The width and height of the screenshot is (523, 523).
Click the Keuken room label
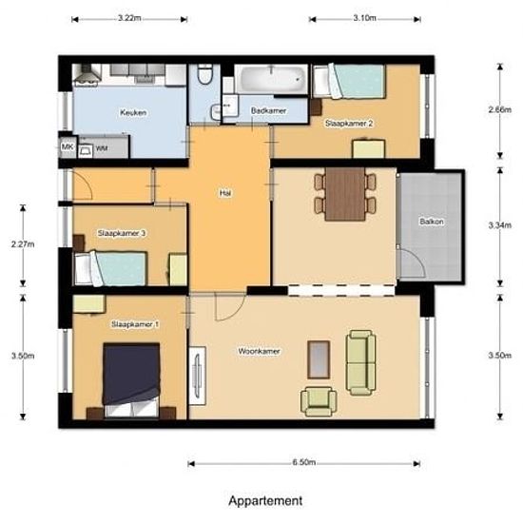133,112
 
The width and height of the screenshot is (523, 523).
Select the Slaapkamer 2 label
348,124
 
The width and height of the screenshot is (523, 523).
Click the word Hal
225,192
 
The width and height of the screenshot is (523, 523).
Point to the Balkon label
431,223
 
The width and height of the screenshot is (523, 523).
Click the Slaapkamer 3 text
122,233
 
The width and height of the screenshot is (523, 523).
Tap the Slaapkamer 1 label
136,325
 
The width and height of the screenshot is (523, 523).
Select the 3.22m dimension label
130,18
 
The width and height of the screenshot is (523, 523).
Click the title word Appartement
265,499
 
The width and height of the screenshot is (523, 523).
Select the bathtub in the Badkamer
272,80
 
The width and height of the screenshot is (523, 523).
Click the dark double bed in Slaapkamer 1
131,373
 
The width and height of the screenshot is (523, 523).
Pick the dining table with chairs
345,193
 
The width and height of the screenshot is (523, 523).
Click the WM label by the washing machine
101,148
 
